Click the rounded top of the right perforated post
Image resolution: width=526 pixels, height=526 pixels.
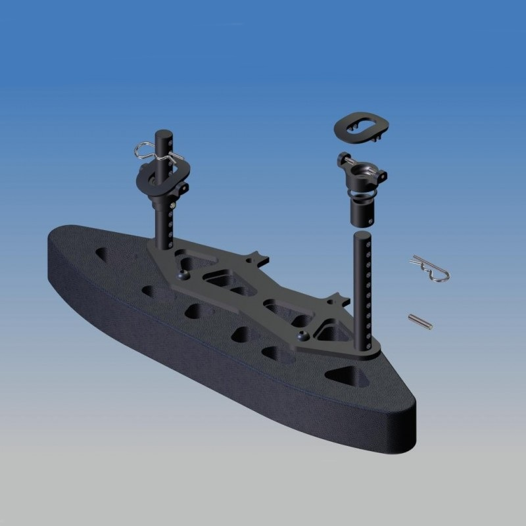(x=363, y=235)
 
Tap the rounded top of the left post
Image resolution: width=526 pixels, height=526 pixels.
(x=163, y=134)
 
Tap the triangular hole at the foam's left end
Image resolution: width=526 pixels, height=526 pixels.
(x=104, y=253)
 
